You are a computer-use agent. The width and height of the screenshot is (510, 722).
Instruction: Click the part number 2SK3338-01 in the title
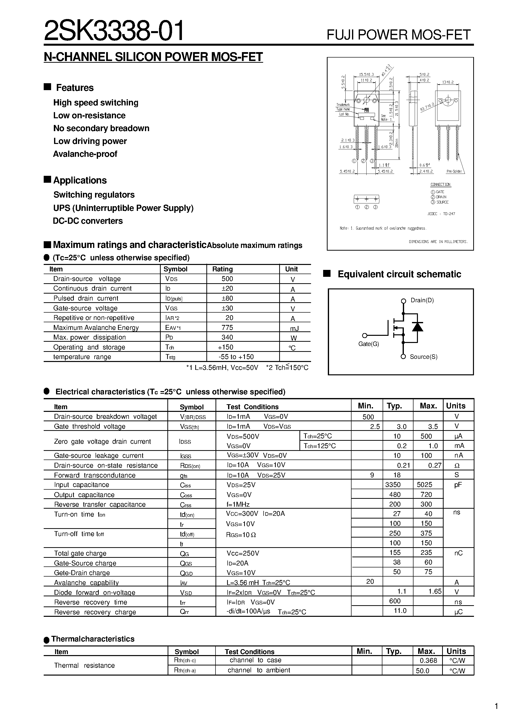[114, 31]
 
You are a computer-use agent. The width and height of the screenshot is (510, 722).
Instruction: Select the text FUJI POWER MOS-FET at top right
[398, 35]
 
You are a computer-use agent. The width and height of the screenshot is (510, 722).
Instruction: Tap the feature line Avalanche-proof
[85, 154]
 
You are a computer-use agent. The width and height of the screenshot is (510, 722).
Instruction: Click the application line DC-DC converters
[88, 221]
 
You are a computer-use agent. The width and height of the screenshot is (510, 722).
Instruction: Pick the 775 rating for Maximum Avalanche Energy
[227, 328]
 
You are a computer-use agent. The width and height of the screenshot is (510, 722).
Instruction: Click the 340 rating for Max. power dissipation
[227, 337]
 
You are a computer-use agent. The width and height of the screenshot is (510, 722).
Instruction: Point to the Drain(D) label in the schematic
[422, 300]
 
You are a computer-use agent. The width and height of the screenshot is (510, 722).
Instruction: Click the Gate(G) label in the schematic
[369, 344]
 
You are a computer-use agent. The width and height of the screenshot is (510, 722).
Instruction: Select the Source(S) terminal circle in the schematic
[403, 357]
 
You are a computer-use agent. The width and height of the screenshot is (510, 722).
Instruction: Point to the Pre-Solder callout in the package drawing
[454, 172]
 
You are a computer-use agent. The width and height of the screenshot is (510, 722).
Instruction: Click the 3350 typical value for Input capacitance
[393, 485]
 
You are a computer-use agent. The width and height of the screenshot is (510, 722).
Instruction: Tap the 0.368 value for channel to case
[428, 660]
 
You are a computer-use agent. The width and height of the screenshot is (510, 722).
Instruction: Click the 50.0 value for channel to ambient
[422, 671]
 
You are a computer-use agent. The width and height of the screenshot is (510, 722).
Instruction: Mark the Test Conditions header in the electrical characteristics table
[253, 407]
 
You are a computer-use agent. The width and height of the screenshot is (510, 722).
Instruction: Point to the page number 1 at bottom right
[496, 707]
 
